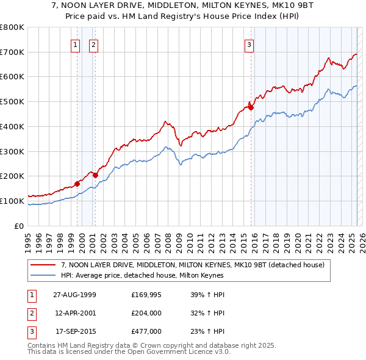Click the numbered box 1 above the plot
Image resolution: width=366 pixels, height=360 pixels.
[x=75, y=44]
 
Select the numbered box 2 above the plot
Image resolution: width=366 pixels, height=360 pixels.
[x=93, y=44]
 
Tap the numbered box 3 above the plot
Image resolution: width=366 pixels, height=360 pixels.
[x=249, y=44]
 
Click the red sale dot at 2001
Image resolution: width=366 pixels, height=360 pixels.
[x=95, y=175]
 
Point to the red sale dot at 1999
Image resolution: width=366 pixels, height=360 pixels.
[x=77, y=184]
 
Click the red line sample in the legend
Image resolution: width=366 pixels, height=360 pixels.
[x=43, y=265]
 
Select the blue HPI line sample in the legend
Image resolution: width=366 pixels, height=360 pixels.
[x=43, y=275]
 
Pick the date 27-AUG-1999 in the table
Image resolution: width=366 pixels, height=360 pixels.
[x=74, y=295]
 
